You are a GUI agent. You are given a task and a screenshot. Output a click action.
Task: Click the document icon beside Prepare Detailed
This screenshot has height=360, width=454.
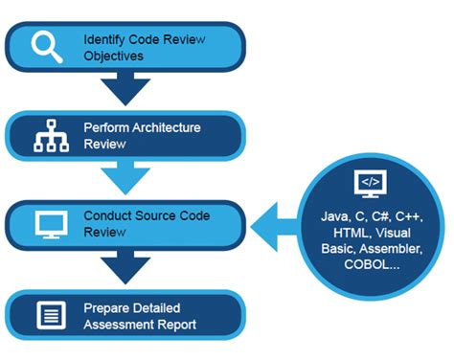45,316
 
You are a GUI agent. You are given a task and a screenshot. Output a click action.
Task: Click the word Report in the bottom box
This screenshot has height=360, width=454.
181,325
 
